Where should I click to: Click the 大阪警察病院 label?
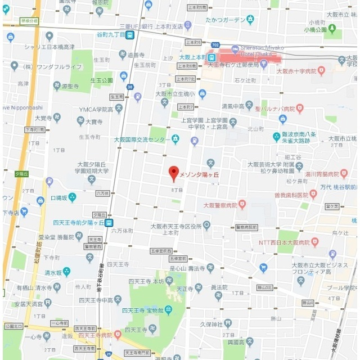[220, 205]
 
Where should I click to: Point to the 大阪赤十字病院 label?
[295, 71]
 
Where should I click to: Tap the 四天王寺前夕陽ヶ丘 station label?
[78, 222]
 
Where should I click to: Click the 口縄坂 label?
[58, 197]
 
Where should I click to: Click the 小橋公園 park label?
[316, 30]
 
